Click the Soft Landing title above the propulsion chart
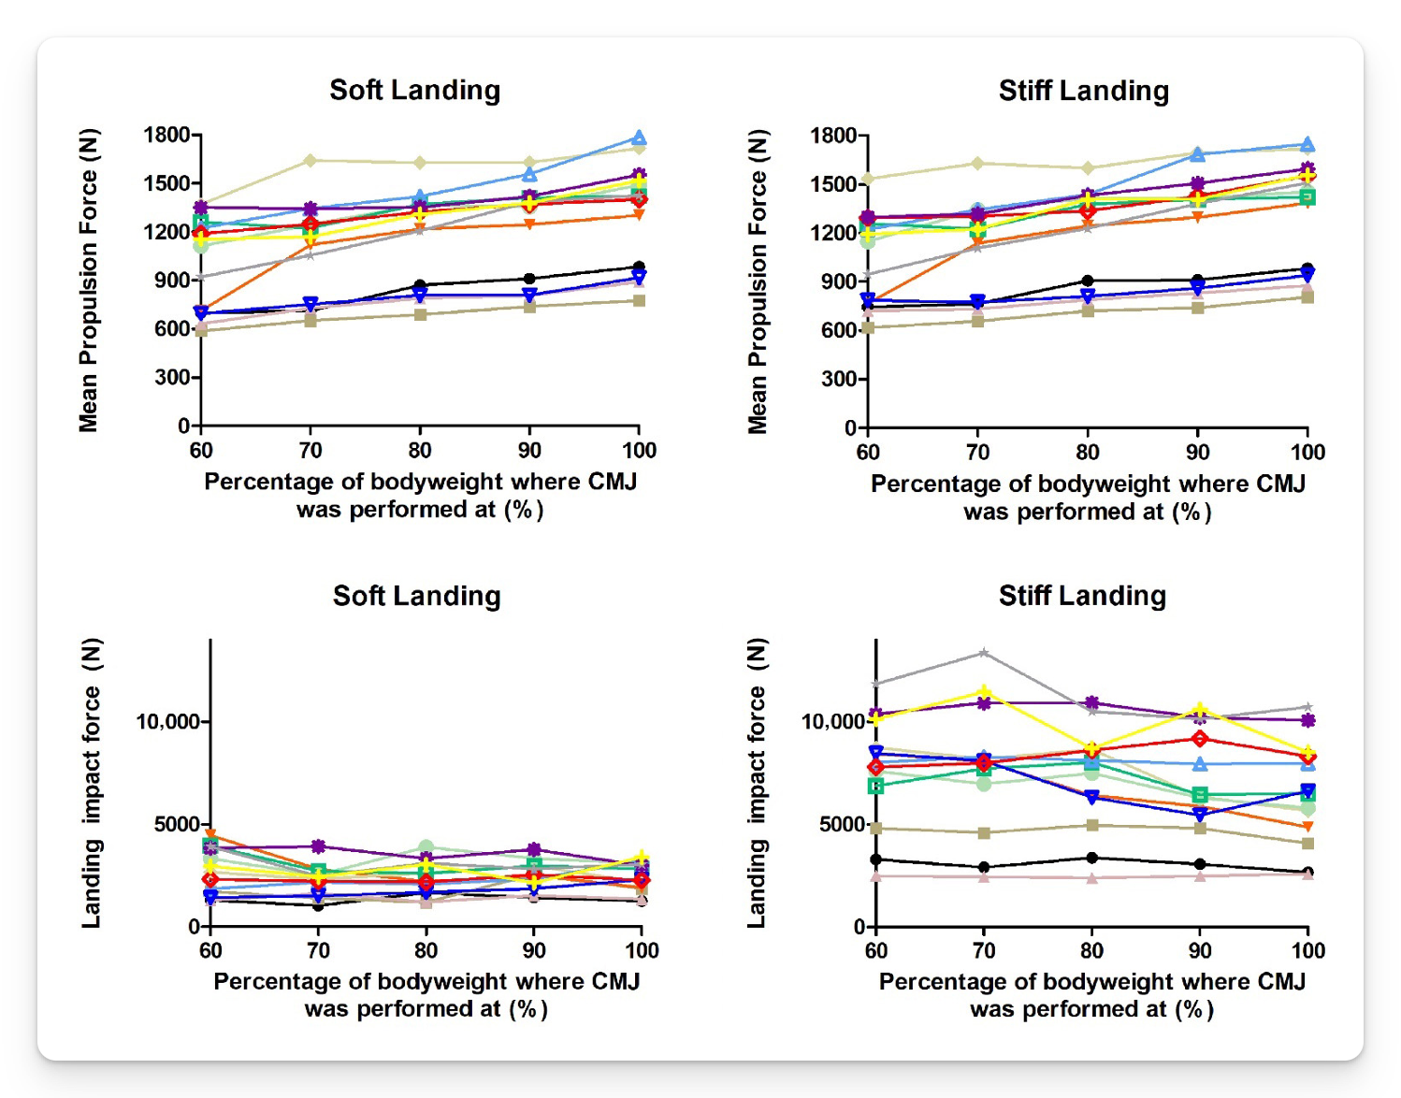click(x=414, y=90)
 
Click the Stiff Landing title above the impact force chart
click(x=1082, y=596)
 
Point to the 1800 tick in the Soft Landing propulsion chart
click(x=166, y=135)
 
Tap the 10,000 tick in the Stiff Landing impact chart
click(x=831, y=722)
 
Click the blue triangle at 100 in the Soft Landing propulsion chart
click(x=639, y=138)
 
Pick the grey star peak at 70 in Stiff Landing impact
click(x=983, y=653)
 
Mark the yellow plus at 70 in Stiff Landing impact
click(x=983, y=693)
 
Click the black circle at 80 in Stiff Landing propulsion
click(x=1087, y=281)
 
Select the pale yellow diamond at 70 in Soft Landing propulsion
click(x=311, y=161)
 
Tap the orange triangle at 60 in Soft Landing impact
click(x=210, y=835)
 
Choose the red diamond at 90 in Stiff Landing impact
click(x=1199, y=739)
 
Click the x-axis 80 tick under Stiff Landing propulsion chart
click(x=1087, y=453)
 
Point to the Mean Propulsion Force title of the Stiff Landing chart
click(x=757, y=282)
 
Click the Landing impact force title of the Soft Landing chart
click(x=91, y=783)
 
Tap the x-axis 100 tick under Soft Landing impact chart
click(x=642, y=951)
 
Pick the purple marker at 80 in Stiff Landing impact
click(x=1091, y=702)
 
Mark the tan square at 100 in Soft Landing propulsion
click(x=639, y=300)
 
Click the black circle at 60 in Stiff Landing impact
click(x=875, y=860)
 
